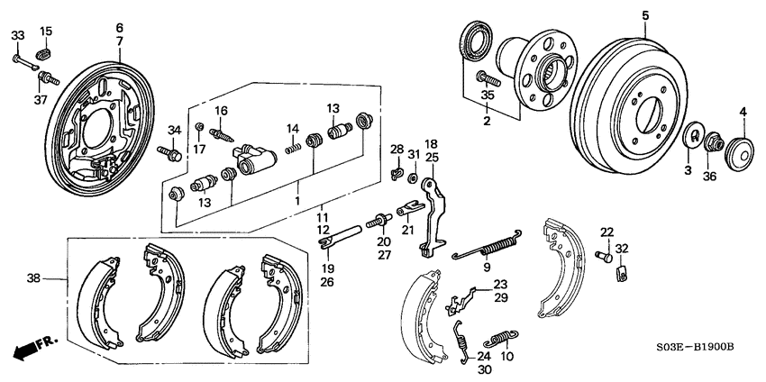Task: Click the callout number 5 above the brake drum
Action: point(645,15)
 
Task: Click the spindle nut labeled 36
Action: point(712,143)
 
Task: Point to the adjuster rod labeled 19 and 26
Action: point(341,238)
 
